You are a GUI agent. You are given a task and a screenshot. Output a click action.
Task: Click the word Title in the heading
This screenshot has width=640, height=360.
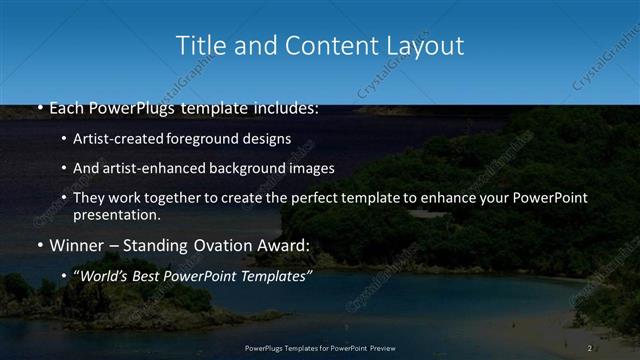click(x=198, y=46)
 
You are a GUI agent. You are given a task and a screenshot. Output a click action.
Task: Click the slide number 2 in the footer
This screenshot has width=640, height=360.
click(x=590, y=348)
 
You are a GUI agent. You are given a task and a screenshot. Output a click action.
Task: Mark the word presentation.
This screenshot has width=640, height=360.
click(x=117, y=214)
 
